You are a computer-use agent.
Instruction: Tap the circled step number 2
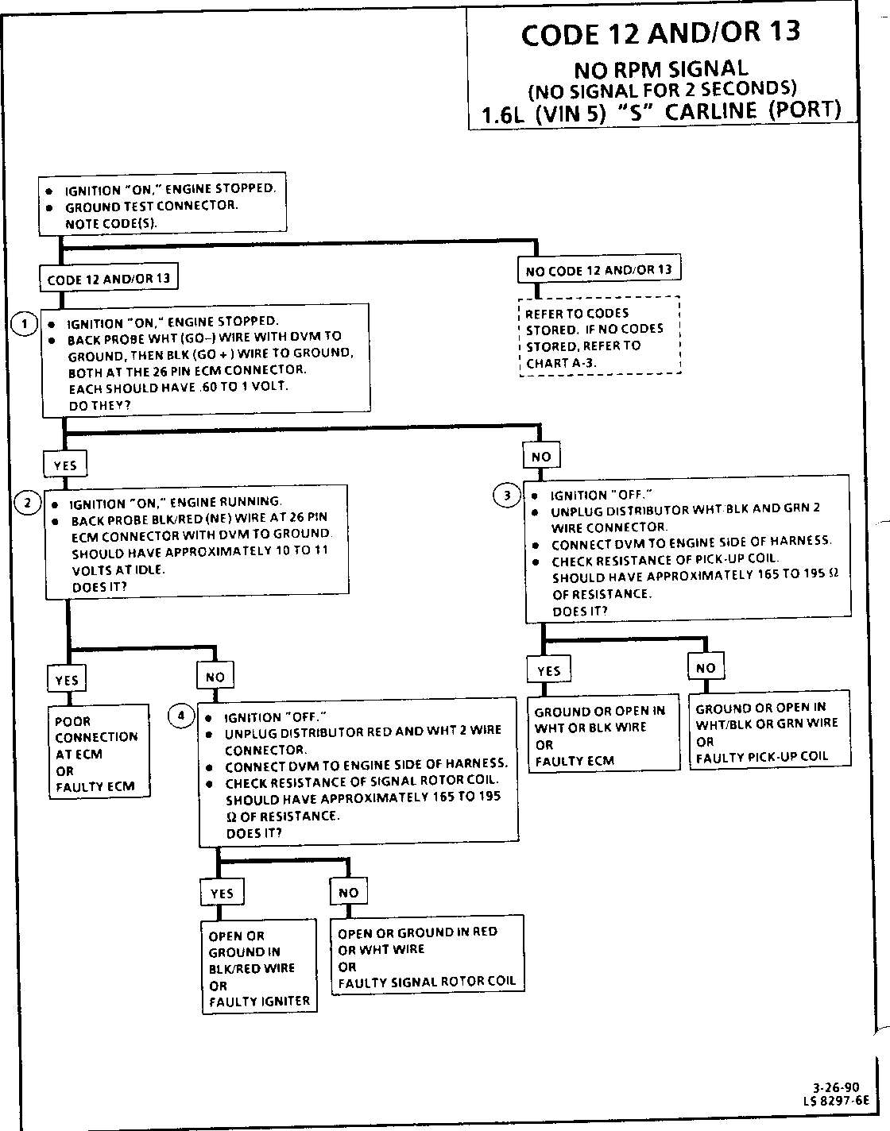click(28, 503)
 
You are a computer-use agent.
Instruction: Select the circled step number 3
click(507, 496)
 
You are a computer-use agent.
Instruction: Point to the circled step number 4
click(181, 716)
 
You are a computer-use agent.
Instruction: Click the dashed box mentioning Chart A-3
click(600, 337)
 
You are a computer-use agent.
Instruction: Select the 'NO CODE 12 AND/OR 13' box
click(598, 270)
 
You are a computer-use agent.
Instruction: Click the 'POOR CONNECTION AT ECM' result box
click(99, 751)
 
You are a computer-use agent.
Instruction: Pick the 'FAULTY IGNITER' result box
click(259, 967)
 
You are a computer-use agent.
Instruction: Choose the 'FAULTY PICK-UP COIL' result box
click(769, 728)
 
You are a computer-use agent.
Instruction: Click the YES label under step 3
click(549, 670)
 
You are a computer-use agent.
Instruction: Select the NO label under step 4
click(348, 892)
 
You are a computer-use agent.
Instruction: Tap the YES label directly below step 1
click(65, 465)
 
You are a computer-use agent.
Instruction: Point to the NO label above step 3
click(541, 457)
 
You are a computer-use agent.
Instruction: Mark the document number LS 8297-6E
click(837, 1101)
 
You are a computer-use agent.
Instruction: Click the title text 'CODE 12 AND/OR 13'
click(660, 33)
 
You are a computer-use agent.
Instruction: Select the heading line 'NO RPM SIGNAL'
click(660, 69)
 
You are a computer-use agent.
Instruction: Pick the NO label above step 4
click(215, 677)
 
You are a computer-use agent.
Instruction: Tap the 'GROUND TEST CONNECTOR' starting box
click(161, 206)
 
